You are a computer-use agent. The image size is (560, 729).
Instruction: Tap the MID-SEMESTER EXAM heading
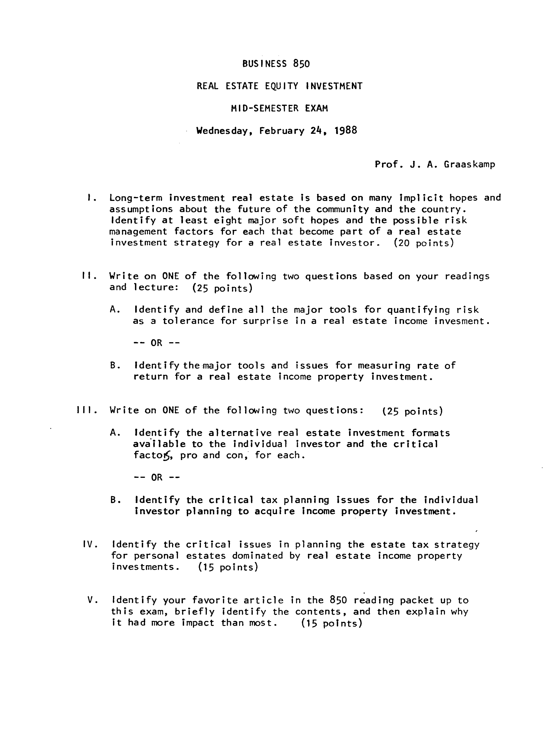point(279,108)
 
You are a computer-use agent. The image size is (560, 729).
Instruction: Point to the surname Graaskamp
point(469,164)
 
